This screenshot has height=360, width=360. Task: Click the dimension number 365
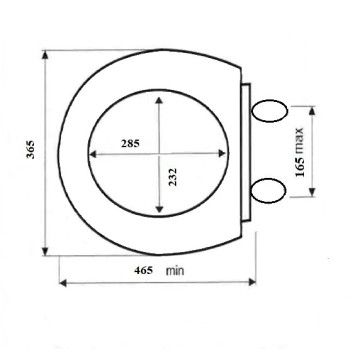(30, 150)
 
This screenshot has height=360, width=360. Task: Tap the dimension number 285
(130, 143)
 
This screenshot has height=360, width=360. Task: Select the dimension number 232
(172, 177)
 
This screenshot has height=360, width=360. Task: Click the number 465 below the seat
(144, 270)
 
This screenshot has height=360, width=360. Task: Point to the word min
(175, 271)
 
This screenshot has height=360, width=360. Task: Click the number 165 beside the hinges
(300, 166)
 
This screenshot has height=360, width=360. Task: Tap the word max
(300, 140)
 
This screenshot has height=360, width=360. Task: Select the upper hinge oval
(269, 111)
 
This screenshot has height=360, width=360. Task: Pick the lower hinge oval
(268, 191)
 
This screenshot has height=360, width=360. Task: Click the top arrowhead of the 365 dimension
(45, 55)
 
